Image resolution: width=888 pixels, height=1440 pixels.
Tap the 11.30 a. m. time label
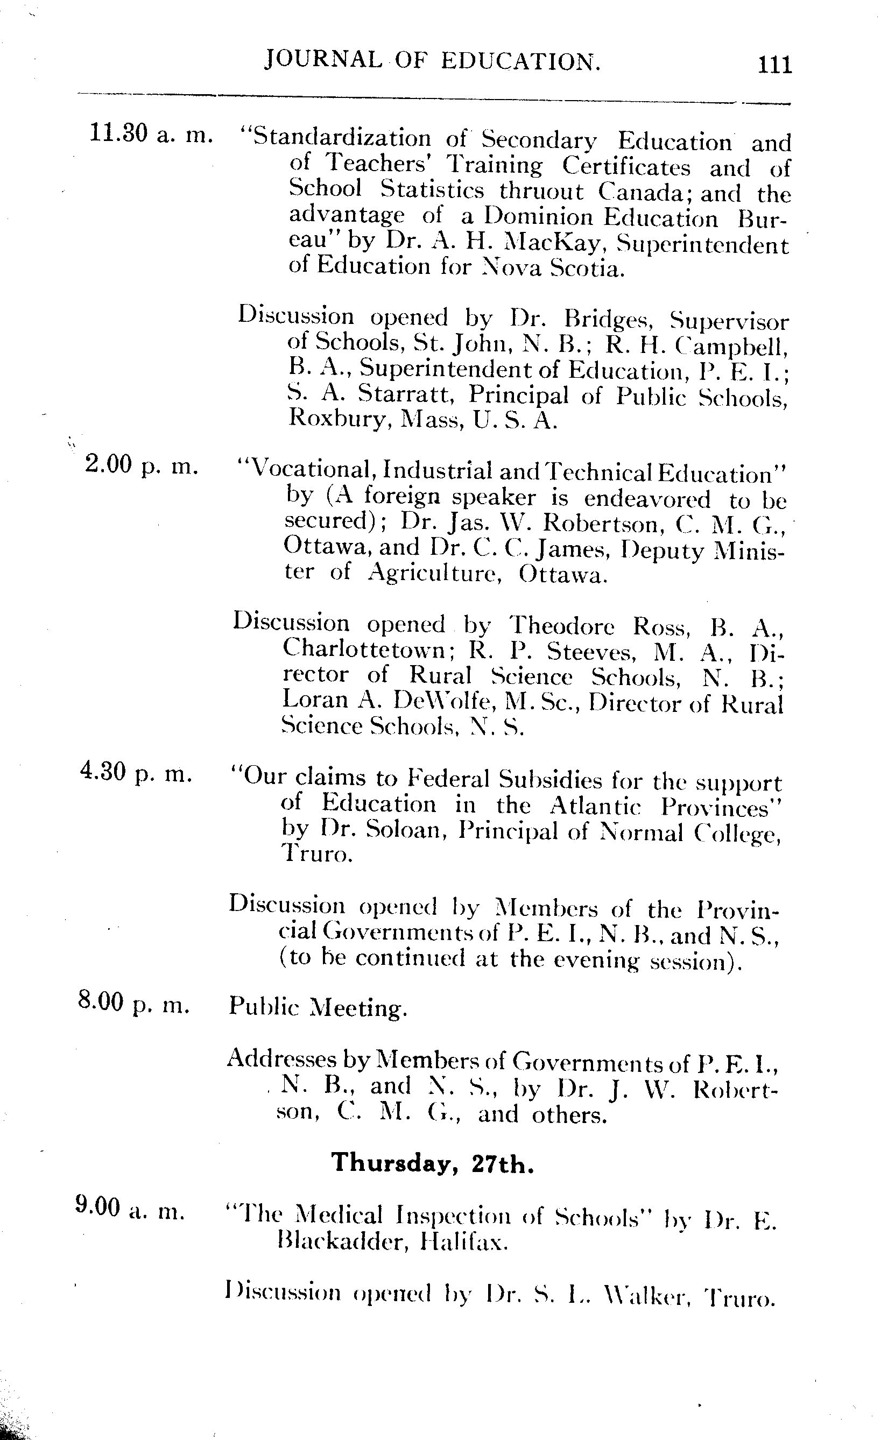pyautogui.click(x=150, y=136)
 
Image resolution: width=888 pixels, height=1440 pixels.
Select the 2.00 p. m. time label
pyautogui.click(x=141, y=465)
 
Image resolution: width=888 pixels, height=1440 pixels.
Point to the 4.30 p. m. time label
pyautogui.click(x=136, y=774)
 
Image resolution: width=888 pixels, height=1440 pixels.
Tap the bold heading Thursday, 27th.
pyautogui.click(x=433, y=1162)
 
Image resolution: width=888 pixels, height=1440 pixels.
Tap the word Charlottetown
pyautogui.click(x=365, y=650)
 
